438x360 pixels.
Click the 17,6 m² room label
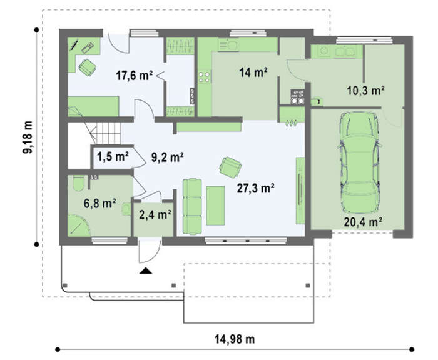pyautogui.click(x=135, y=75)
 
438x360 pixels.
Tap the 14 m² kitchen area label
pyautogui.click(x=253, y=72)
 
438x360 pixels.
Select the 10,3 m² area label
pyautogui.click(x=365, y=90)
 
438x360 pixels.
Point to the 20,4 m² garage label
pyautogui.click(x=363, y=222)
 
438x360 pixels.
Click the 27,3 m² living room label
pyautogui.click(x=255, y=188)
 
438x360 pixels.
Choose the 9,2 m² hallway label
pyautogui.click(x=167, y=157)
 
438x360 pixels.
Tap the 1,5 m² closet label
pyautogui.click(x=113, y=156)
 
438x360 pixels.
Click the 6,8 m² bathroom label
pyautogui.click(x=100, y=204)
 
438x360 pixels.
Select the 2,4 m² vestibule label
pyautogui.click(x=155, y=215)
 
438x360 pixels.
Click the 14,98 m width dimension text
pyautogui.click(x=235, y=339)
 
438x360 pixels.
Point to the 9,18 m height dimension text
pyautogui.click(x=28, y=137)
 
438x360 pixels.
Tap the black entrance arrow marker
pyautogui.click(x=146, y=271)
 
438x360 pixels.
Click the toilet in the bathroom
pyautogui.click(x=78, y=183)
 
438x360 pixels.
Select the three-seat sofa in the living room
pyautogui.click(x=192, y=206)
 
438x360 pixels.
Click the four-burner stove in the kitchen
pyautogui.click(x=204, y=77)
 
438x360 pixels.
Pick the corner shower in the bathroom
pyautogui.click(x=78, y=225)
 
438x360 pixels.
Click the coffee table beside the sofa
pyautogui.click(x=215, y=206)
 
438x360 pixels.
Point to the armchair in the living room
pyautogui.click(x=230, y=167)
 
